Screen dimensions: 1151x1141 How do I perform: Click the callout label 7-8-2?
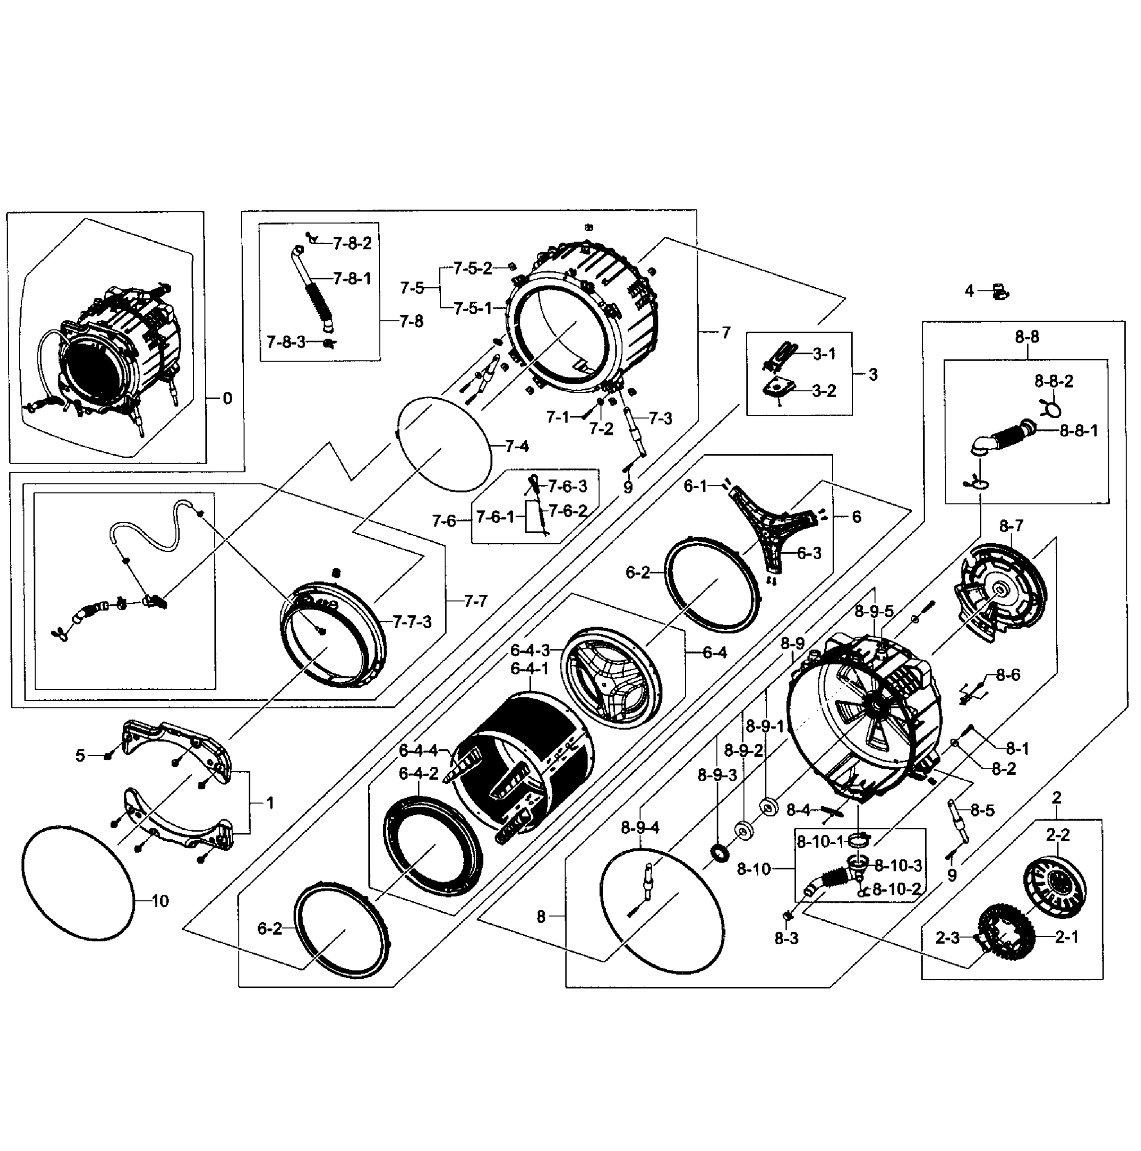click(x=352, y=243)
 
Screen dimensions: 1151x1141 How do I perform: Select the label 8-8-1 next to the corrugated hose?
click(x=1079, y=431)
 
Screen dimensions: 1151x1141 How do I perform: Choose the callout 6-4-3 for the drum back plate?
click(x=529, y=649)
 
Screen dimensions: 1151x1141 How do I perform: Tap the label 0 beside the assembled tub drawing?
click(x=227, y=399)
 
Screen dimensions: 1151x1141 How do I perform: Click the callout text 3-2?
click(x=824, y=391)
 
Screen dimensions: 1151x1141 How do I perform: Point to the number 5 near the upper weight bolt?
click(x=81, y=755)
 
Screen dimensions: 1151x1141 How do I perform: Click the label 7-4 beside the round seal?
click(x=517, y=446)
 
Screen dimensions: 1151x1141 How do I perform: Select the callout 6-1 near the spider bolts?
click(x=695, y=486)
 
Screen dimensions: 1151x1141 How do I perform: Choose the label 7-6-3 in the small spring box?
click(x=567, y=486)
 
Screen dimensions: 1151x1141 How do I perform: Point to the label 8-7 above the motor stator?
click(x=1011, y=526)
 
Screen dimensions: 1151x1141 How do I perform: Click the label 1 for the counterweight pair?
click(x=270, y=803)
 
